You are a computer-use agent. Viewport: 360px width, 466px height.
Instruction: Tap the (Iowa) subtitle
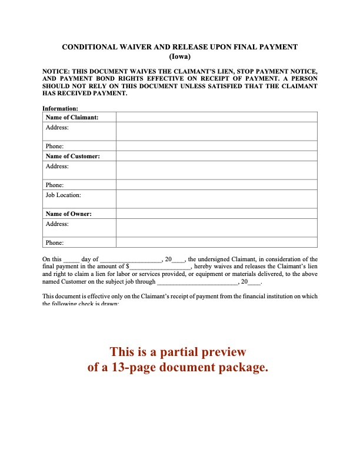180,56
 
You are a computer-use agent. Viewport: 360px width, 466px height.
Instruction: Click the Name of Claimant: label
72,118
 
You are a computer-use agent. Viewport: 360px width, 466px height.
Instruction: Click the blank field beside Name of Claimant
216,118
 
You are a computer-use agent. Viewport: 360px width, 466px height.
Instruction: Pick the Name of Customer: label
72,157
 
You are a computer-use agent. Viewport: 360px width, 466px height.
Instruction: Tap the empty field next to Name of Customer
216,157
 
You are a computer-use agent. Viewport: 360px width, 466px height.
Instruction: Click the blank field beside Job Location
216,199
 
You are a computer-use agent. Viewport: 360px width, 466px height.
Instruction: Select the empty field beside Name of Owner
216,214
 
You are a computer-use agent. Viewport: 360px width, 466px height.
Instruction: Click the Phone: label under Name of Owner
54,242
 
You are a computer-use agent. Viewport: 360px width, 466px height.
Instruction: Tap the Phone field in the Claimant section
216,146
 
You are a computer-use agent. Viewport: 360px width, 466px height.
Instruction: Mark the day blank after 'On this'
71,259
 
